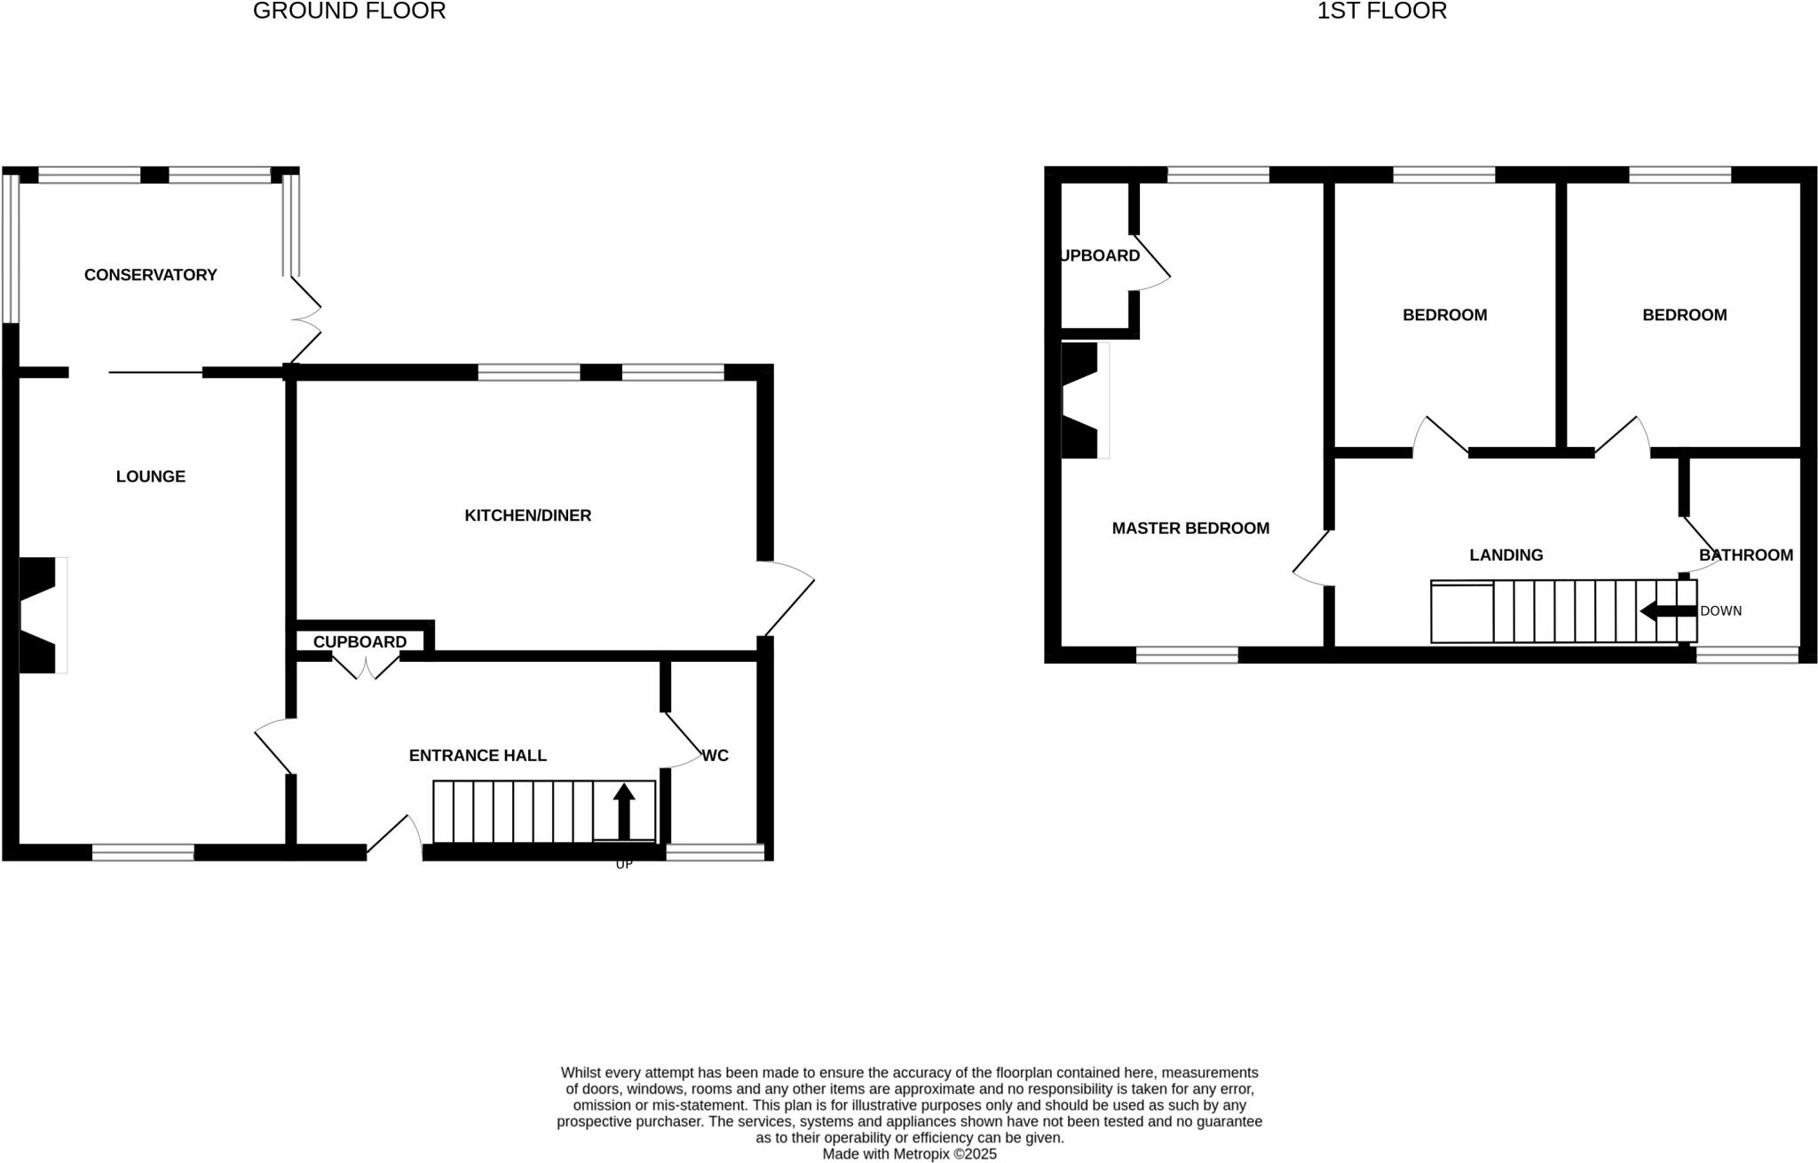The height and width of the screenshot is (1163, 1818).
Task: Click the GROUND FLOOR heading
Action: click(349, 12)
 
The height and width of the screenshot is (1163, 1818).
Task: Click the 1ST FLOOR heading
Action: click(1381, 12)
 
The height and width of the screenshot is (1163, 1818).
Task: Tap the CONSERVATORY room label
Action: click(150, 275)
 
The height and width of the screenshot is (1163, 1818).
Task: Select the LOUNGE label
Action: click(150, 476)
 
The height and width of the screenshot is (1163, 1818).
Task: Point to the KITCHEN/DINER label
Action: click(527, 515)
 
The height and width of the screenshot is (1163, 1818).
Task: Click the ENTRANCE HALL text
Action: click(478, 755)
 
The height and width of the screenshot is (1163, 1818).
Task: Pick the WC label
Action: click(715, 756)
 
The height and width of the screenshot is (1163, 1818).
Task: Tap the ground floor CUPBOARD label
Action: click(360, 641)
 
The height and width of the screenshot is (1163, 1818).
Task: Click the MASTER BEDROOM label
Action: click(1190, 528)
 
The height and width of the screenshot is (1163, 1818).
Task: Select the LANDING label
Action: click(1506, 555)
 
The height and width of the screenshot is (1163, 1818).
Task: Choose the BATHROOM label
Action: click(1745, 555)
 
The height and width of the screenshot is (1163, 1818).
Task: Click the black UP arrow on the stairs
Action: click(624, 810)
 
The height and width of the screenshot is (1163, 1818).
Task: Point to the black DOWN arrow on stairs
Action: click(1667, 611)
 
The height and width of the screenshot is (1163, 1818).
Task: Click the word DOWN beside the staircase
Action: click(1720, 611)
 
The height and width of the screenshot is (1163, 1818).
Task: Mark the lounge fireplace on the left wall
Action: click(41, 615)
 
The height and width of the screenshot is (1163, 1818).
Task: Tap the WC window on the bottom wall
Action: click(715, 853)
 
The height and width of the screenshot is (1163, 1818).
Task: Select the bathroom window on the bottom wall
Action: click(1747, 656)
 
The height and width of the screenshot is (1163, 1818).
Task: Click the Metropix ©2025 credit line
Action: click(909, 1154)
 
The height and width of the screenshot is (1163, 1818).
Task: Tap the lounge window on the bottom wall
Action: click(143, 853)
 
